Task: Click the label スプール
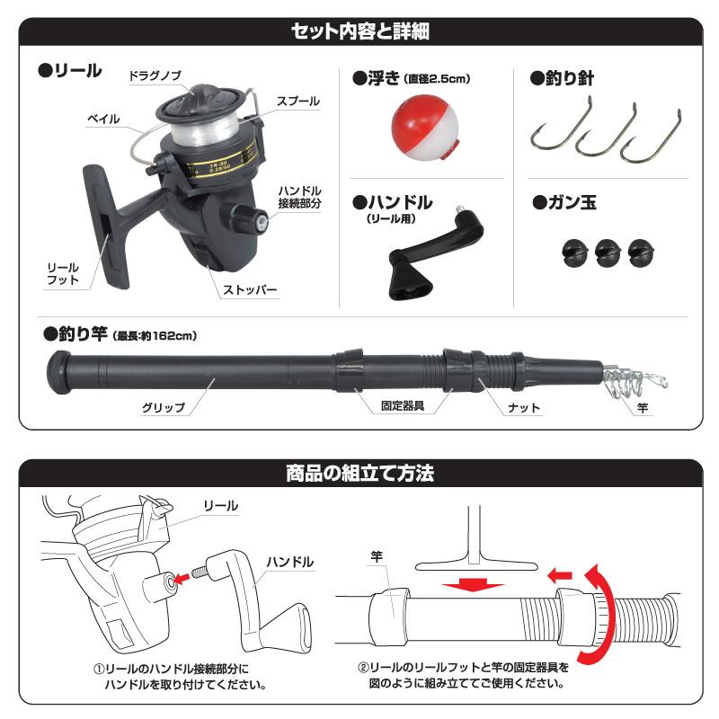click(x=297, y=102)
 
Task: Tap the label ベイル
click(x=103, y=119)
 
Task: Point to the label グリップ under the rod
click(x=163, y=407)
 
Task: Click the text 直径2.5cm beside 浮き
click(x=438, y=79)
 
